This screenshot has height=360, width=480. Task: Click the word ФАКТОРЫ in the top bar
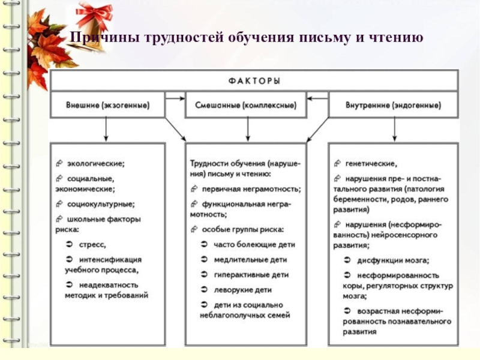point(254,81)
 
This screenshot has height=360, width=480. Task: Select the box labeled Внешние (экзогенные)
point(107,105)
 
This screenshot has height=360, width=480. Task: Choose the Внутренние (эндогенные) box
point(393,105)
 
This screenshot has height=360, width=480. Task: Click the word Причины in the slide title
point(97,38)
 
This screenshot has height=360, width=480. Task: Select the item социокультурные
point(100,203)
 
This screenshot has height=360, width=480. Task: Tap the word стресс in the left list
point(94,244)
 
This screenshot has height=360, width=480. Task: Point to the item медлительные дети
point(250,260)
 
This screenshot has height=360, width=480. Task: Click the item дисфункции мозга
point(393,260)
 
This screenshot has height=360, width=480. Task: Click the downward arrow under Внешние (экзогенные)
point(107,128)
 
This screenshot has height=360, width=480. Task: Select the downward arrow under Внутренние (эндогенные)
point(394,128)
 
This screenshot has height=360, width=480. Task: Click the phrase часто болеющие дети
point(254,245)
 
